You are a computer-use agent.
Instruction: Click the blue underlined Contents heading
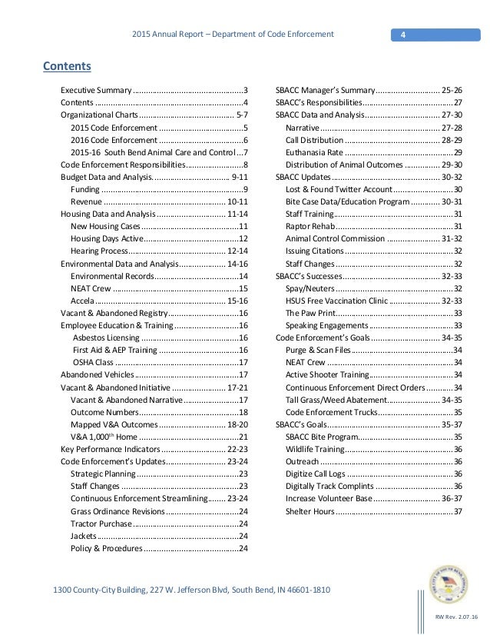coord(67,65)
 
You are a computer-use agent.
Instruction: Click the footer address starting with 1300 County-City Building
coord(191,590)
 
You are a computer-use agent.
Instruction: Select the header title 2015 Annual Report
coord(232,35)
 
